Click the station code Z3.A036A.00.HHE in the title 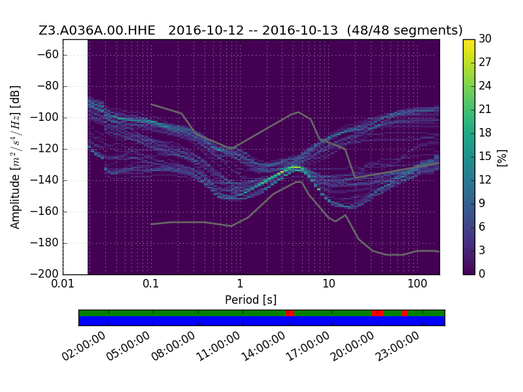coord(97,30)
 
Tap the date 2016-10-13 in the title coord(300,30)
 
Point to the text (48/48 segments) coord(405,30)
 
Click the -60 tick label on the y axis coord(48,54)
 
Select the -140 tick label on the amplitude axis coord(44,180)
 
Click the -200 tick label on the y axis coord(44,274)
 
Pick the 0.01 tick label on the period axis coord(63,284)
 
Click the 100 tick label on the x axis coord(417,284)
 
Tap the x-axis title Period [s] coord(251,300)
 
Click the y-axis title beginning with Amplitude coord(15,157)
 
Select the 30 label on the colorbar coord(485,39)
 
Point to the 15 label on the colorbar coord(485,156)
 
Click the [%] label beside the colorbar coord(502,157)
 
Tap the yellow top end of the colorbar coord(469,41)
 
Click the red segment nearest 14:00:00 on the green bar coord(290,313)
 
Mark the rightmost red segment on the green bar coord(405,313)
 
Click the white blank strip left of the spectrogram coord(75,157)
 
